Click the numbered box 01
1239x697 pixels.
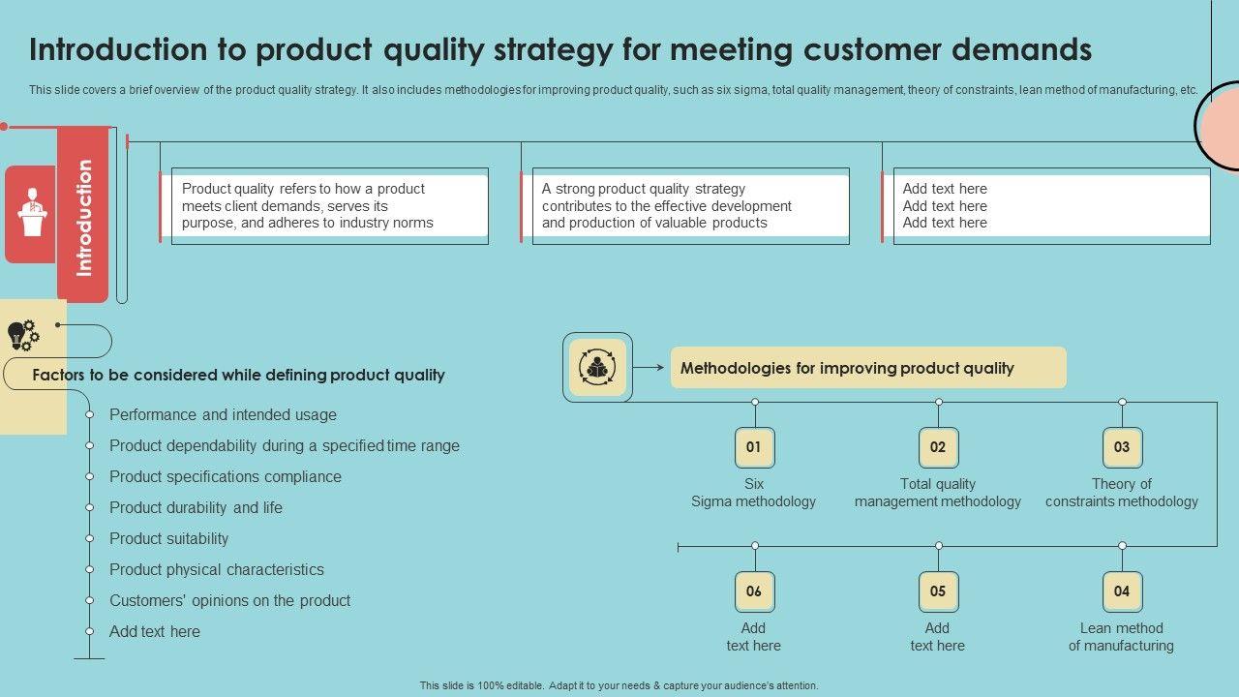tap(754, 447)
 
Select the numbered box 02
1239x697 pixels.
tap(938, 447)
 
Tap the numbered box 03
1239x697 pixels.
tap(1122, 447)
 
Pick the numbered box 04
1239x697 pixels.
tap(1122, 591)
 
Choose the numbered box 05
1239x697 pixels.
tap(938, 591)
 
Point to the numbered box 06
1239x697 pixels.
tap(754, 591)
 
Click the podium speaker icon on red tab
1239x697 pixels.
tap(33, 213)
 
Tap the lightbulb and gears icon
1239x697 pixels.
tap(23, 335)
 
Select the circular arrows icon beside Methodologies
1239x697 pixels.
tap(597, 368)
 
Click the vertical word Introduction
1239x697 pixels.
tap(83, 217)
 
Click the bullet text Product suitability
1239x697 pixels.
tap(169, 538)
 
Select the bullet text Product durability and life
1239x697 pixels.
tap(196, 507)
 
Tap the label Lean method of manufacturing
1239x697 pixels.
tap(1121, 637)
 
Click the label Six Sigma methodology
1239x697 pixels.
tap(753, 493)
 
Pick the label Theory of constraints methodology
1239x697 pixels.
tap(1121, 493)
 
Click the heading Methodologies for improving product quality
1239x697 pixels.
tap(847, 368)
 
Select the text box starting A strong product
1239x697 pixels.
tap(690, 205)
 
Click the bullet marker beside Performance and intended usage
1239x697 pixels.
tap(89, 414)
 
